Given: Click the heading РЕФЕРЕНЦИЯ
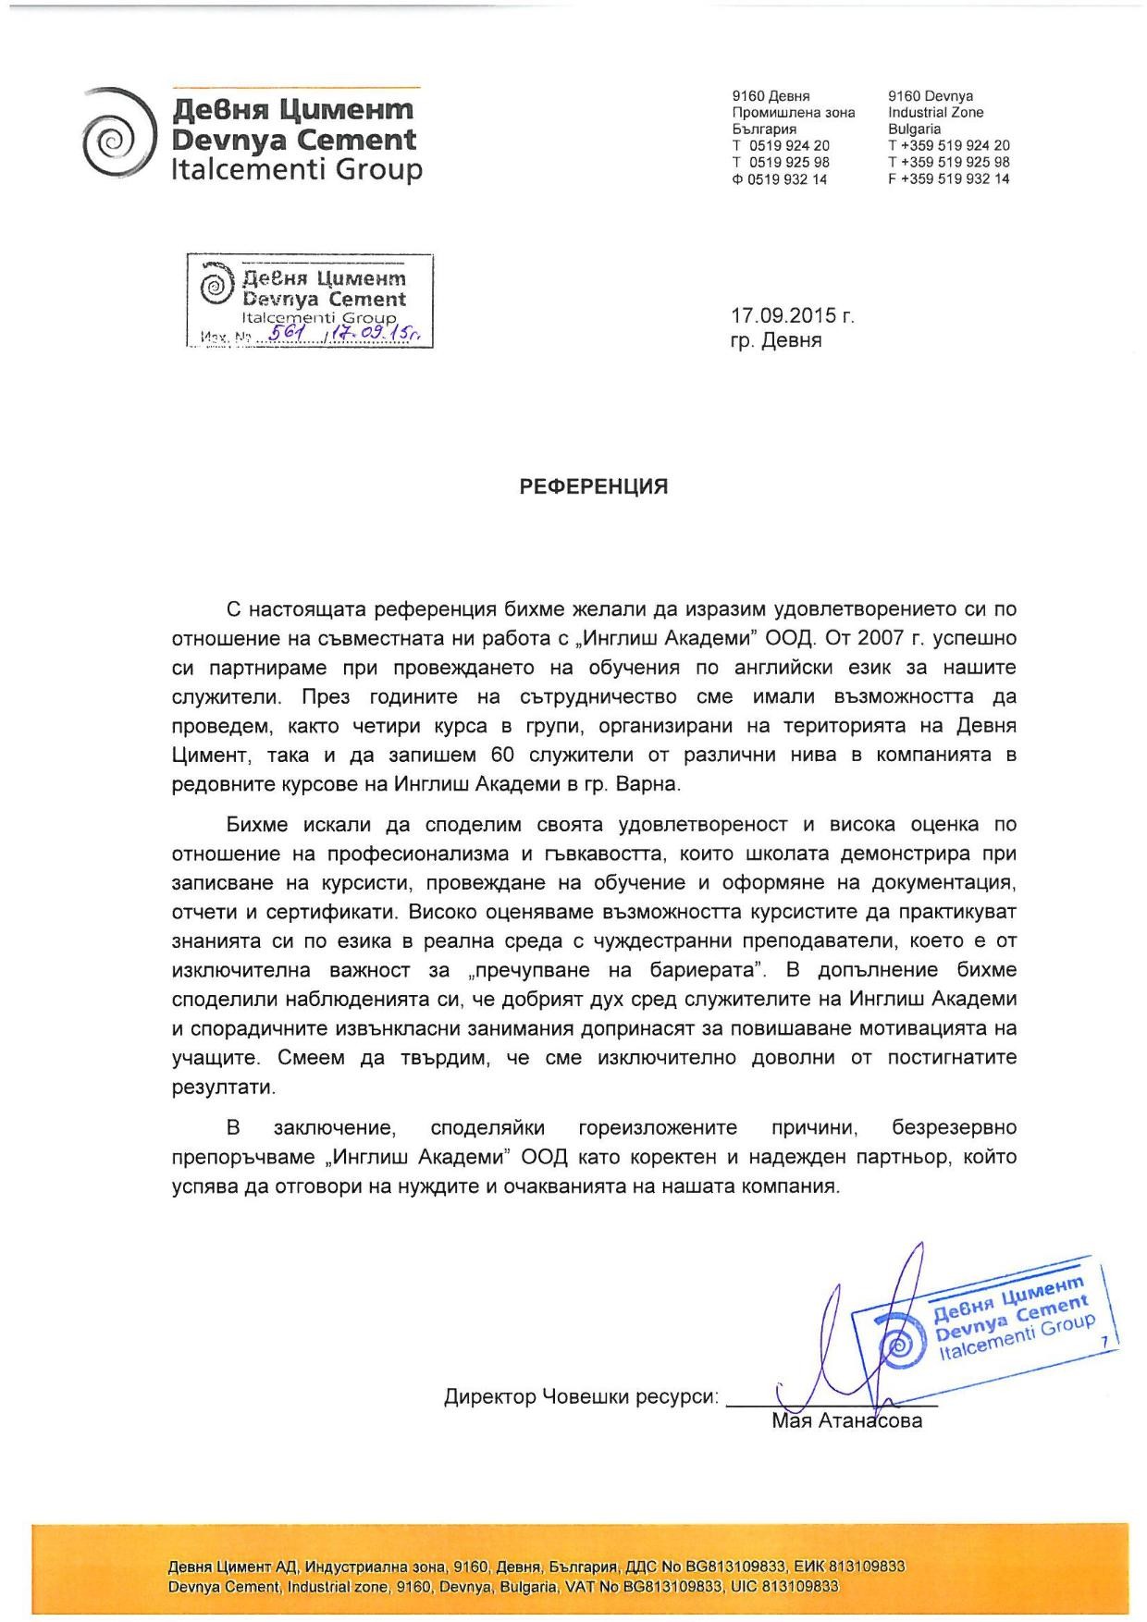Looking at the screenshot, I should (594, 486).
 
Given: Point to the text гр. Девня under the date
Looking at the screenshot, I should (775, 340).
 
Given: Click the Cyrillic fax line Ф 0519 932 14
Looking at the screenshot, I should (780, 179).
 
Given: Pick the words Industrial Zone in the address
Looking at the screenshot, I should (935, 113).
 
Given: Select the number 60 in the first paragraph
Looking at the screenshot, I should (490, 755).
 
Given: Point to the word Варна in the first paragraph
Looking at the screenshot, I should (650, 784).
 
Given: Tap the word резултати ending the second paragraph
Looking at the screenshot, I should (223, 1087).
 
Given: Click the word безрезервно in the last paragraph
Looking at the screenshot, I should (954, 1128).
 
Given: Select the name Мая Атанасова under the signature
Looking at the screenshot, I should (846, 1421).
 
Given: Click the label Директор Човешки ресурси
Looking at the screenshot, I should (581, 1396).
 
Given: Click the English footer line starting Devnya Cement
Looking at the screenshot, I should (503, 1587).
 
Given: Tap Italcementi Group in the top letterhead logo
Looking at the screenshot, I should (297, 170).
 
